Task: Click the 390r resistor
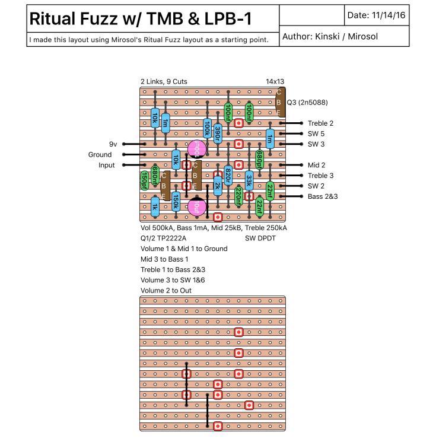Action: pyautogui.click(x=218, y=133)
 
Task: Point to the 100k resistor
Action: pyautogui.click(x=207, y=128)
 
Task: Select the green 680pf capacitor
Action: pyautogui.click(x=259, y=159)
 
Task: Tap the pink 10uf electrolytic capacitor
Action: pyautogui.click(x=196, y=206)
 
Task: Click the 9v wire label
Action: pyautogui.click(x=113, y=144)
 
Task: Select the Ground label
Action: pyautogui.click(x=100, y=154)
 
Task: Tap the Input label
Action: pyautogui.click(x=107, y=165)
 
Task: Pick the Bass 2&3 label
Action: pyautogui.click(x=323, y=196)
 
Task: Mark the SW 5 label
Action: pyautogui.click(x=317, y=133)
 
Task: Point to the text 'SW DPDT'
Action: pyautogui.click(x=260, y=238)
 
